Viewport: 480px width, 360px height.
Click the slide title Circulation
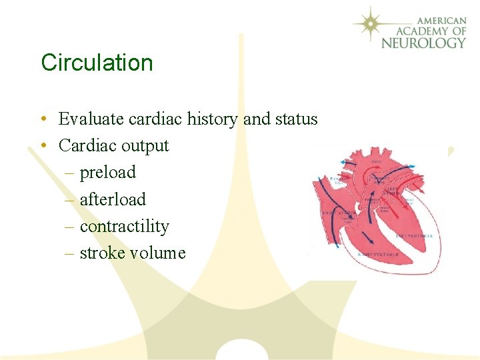(97, 63)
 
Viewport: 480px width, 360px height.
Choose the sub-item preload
(107, 173)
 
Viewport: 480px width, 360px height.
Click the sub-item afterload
(113, 199)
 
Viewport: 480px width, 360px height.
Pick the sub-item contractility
(124, 227)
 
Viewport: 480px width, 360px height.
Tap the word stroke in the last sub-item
(103, 253)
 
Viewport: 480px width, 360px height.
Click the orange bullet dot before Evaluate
(42, 120)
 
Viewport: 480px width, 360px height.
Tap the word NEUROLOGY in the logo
(423, 43)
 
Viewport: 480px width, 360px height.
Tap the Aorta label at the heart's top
(376, 162)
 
